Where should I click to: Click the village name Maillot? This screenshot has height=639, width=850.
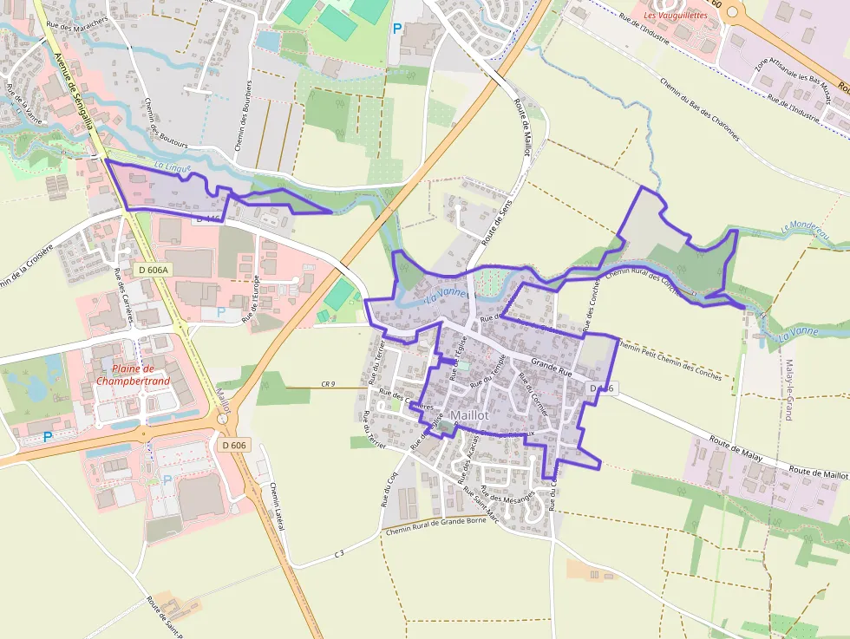[x=469, y=415]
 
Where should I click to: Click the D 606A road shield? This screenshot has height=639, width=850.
[x=154, y=270]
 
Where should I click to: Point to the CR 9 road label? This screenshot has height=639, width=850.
[x=328, y=384]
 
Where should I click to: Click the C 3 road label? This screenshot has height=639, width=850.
[x=338, y=553]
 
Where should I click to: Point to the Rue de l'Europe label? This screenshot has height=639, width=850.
[x=251, y=300]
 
